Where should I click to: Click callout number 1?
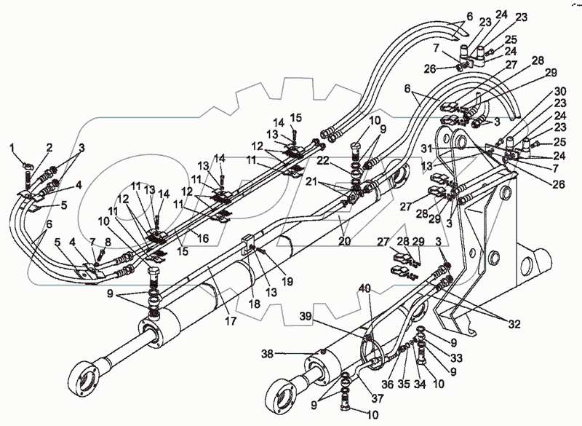coord(12,149)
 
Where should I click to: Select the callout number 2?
coord(49,149)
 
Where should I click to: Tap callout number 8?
coord(108,242)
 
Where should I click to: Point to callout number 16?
coord(203,238)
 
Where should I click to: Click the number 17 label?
coord(231,320)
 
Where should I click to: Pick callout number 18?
coord(255,304)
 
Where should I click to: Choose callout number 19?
coord(287,281)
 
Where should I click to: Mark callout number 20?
coord(345,240)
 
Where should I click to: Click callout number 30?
coord(560,91)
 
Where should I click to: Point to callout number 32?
coord(514,324)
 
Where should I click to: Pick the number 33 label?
coord(456,358)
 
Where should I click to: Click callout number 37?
coord(378,398)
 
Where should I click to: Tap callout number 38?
coord(267,354)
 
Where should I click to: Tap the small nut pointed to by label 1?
coord(27,164)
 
